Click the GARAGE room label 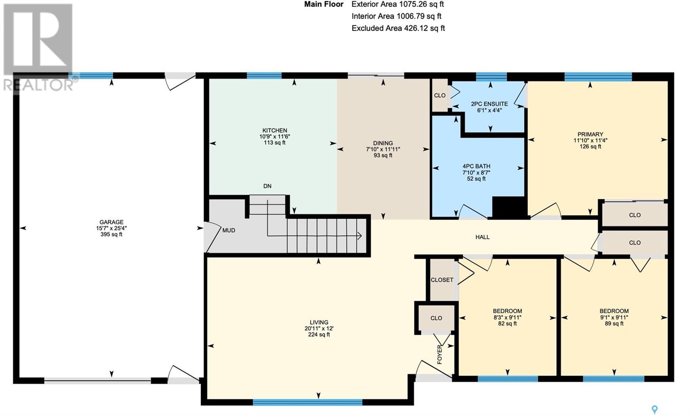tap(111, 222)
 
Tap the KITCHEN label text tap(274, 130)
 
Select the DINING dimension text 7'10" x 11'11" tap(383, 149)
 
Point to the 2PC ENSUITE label tap(489, 104)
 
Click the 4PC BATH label tap(476, 167)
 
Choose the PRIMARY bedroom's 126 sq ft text tap(590, 146)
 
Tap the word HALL tap(483, 237)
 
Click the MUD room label tap(229, 230)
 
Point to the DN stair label tap(267, 186)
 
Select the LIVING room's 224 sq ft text tap(319, 334)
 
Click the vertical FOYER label tap(439, 355)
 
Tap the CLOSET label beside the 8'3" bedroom tap(442, 280)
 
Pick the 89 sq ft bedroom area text tap(614, 324)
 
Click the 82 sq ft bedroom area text tap(507, 324)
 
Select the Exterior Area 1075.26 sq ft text tap(398, 4)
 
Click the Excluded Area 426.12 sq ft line tap(398, 28)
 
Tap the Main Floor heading tap(324, 4)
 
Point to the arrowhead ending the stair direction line tap(360, 236)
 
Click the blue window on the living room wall tap(307, 402)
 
